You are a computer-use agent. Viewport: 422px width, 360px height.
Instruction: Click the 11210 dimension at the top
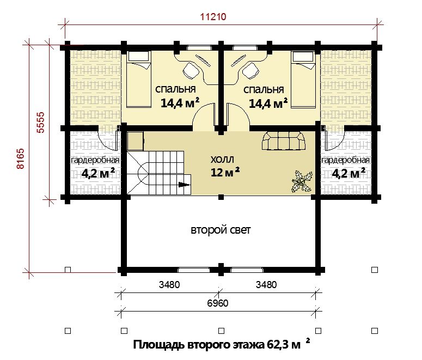coord(213,17)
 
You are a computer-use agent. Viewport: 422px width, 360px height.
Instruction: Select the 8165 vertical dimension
coord(21,158)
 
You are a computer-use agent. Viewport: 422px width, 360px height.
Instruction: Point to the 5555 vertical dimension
coord(41,123)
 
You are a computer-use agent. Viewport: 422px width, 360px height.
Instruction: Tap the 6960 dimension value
coord(218,303)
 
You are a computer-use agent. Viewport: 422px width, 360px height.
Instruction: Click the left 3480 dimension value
coord(169,285)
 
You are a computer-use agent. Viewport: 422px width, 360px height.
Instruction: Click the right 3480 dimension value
coord(266,285)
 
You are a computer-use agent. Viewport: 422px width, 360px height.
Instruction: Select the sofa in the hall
coord(283,141)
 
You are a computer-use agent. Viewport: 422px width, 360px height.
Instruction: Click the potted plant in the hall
coord(302,181)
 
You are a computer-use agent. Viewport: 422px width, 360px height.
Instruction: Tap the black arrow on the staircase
coord(185,185)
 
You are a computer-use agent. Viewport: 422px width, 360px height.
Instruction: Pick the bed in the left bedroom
coord(138,80)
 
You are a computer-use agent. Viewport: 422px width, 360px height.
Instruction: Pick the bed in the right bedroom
coord(303,80)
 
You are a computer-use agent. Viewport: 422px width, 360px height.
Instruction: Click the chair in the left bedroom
coord(191,71)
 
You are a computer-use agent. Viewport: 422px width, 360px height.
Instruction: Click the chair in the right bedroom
coord(250,71)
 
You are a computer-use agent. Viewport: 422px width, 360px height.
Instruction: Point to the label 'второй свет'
coord(221,230)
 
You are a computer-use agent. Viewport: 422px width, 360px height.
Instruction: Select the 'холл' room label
coord(222,160)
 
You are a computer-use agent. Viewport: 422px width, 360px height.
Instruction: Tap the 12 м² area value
coord(225,172)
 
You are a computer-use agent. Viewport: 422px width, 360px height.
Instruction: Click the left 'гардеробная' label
coord(95,160)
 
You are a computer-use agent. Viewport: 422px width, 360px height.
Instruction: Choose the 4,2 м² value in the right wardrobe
coord(348,173)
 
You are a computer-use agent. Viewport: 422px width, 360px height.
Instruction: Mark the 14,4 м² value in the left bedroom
coord(180,103)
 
